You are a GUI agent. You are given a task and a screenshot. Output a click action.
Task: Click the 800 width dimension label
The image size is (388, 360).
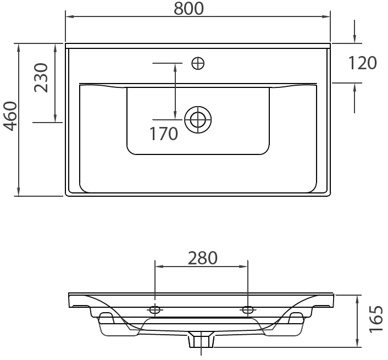pyautogui.click(x=189, y=8)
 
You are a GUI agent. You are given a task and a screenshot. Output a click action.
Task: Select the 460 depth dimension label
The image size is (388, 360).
pyautogui.click(x=11, y=116)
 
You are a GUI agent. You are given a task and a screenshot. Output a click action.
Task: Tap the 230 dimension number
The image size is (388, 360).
pyautogui.click(x=41, y=77)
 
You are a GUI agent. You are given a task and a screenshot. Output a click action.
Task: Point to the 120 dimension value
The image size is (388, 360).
pyautogui.click(x=363, y=63)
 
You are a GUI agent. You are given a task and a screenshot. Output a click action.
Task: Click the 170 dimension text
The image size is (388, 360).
pyautogui.click(x=164, y=134)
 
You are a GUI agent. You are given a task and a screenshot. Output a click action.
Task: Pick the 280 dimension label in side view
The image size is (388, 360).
pyautogui.click(x=203, y=258)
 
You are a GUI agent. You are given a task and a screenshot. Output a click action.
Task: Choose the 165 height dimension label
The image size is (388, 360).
pyautogui.click(x=375, y=320)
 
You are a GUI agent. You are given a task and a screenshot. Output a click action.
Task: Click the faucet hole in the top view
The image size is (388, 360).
pyautogui.click(x=198, y=63)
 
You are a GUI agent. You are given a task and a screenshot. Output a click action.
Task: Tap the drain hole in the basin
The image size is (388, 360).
pyautogui.click(x=198, y=120)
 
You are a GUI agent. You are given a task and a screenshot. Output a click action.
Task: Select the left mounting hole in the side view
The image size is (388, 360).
pyautogui.click(x=155, y=309)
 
